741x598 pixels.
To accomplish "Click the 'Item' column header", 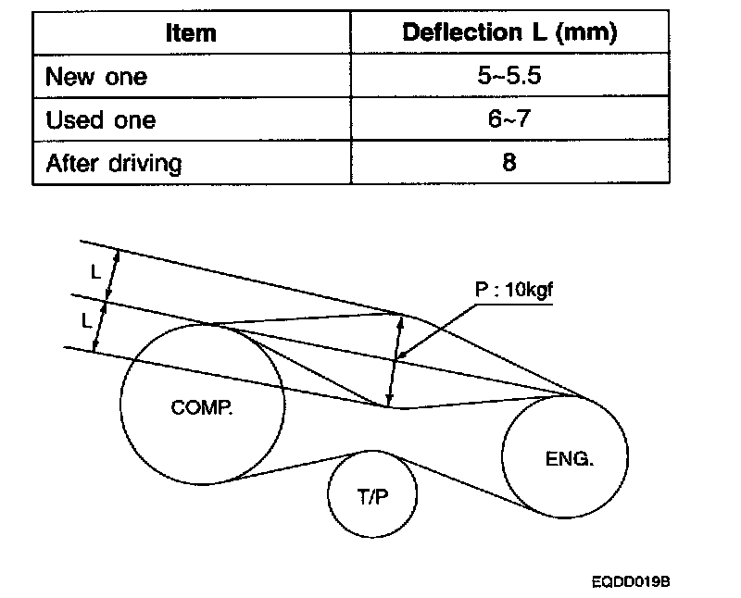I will coord(191,34).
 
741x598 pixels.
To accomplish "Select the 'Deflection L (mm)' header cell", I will coord(509,34).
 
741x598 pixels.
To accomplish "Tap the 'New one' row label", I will coord(96,78).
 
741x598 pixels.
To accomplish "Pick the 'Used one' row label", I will coord(101,120).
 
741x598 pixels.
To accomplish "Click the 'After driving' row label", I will coord(114,164).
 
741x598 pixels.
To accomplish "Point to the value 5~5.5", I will coord(509,78).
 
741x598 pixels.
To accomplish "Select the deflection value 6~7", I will coord(509,120).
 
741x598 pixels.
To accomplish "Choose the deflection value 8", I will coord(509,164).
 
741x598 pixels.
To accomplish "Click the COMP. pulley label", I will coord(202,407).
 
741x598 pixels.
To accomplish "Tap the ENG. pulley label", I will coord(565,458).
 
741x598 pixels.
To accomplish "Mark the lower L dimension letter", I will coord(86,321).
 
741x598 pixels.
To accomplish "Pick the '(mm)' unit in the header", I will coord(589,34).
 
